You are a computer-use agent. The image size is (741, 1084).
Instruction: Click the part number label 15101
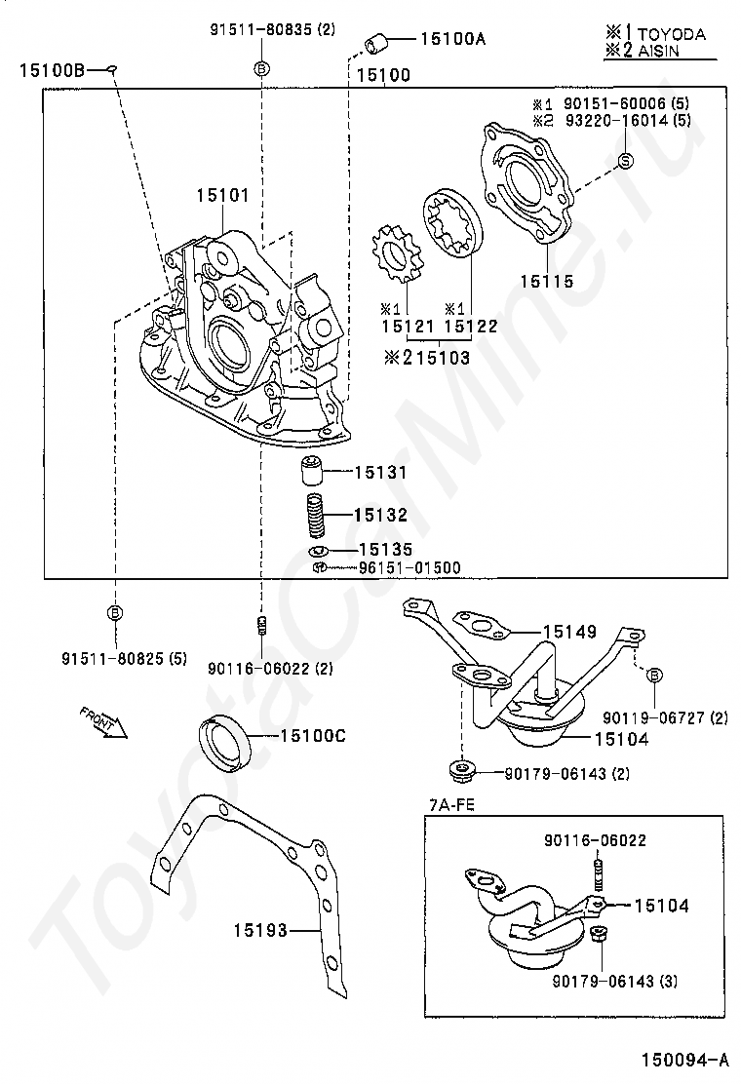pyautogui.click(x=222, y=196)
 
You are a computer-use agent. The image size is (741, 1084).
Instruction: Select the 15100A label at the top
pyautogui.click(x=452, y=40)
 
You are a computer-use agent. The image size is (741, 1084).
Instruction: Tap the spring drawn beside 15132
pyautogui.click(x=315, y=515)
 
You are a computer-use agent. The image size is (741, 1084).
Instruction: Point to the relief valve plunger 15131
pyautogui.click(x=310, y=473)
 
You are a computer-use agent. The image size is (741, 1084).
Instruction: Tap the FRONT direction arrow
pyautogui.click(x=103, y=724)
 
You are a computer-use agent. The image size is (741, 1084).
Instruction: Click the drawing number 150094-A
pyautogui.click(x=684, y=1060)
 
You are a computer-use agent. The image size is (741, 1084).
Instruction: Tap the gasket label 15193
pyautogui.click(x=260, y=930)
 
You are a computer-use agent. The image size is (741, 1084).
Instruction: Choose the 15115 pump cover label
pyautogui.click(x=546, y=282)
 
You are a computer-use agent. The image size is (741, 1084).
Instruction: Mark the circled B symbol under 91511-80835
pyautogui.click(x=261, y=68)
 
